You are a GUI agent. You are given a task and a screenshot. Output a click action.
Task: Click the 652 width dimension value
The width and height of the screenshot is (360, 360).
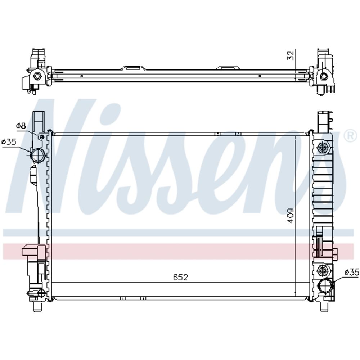180,277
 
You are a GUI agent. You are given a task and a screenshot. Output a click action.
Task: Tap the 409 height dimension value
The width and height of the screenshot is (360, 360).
291,216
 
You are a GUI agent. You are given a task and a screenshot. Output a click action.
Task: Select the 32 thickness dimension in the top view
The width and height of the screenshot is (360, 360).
291,55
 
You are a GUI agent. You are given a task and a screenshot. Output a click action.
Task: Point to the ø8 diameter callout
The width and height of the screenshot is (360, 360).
21,125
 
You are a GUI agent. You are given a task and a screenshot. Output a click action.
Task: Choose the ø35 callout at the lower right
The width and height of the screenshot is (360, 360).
352,272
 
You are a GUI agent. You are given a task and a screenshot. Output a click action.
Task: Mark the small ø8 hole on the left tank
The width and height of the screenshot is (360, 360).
42,137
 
